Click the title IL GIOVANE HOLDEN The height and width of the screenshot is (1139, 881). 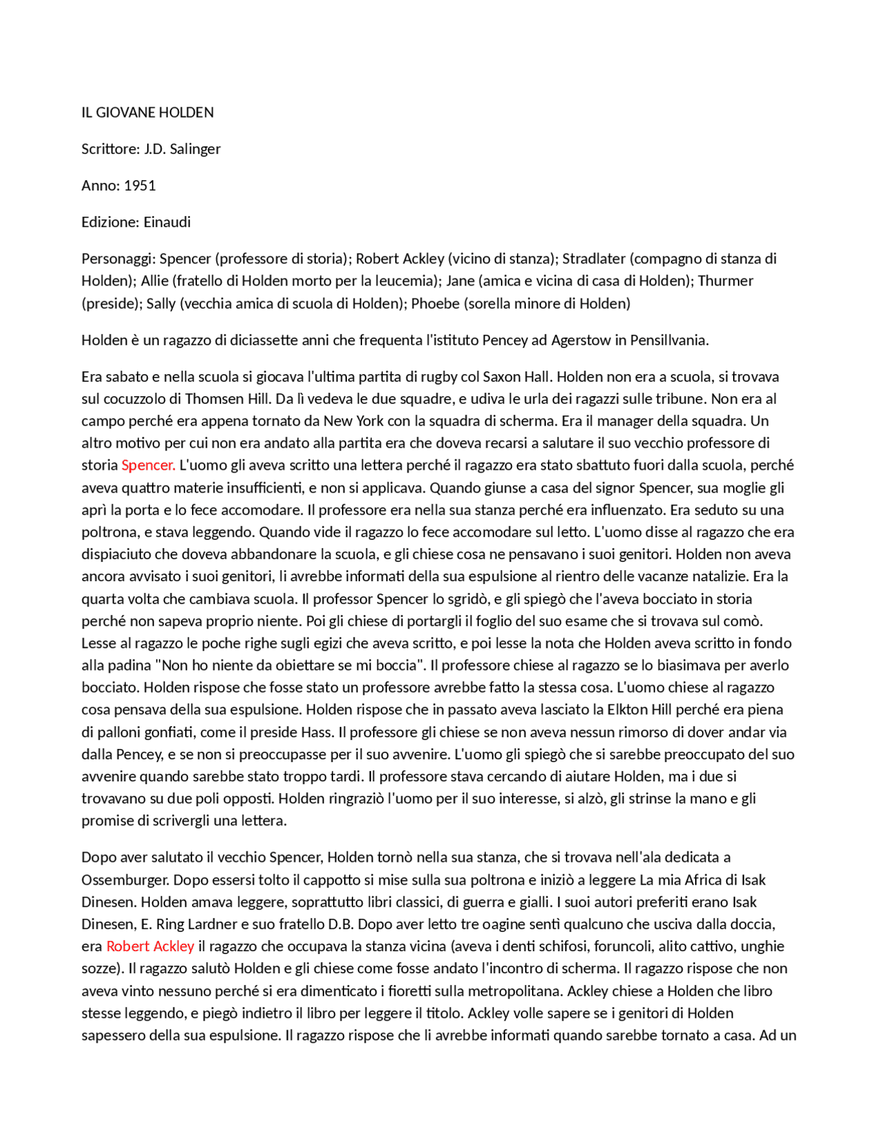click(x=147, y=112)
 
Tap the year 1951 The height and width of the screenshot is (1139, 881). click(x=140, y=186)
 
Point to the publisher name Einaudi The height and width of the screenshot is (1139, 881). click(x=167, y=222)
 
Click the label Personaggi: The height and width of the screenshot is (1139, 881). click(x=118, y=259)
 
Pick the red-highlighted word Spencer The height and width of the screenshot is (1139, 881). click(x=148, y=465)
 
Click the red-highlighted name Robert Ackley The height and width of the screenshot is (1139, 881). click(x=150, y=946)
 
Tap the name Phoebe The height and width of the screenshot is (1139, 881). click(x=435, y=303)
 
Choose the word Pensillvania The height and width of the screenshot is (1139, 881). click(x=669, y=340)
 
